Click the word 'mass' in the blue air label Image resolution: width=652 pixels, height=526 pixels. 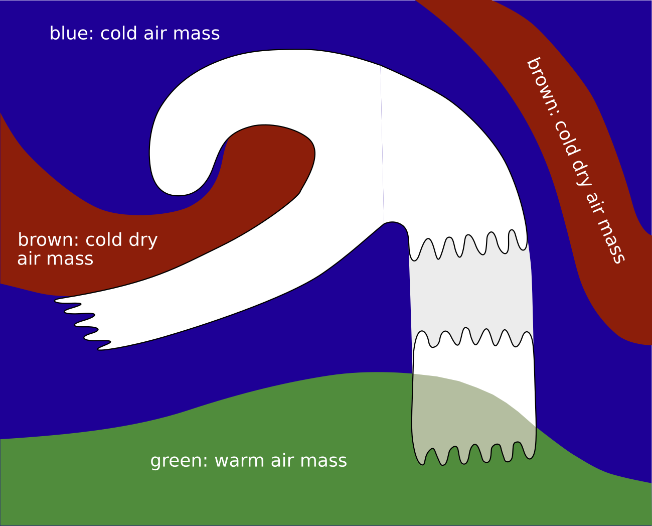pyautogui.click(x=196, y=34)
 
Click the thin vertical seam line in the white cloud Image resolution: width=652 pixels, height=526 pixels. pyautogui.click(x=382, y=146)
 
